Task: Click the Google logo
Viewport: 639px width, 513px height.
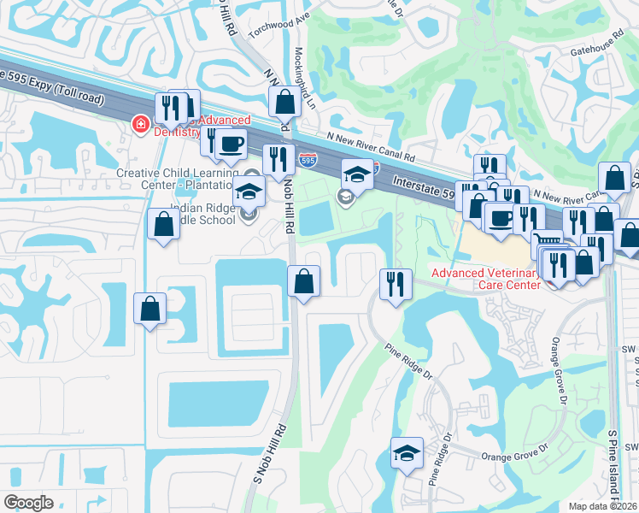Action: tap(28, 503)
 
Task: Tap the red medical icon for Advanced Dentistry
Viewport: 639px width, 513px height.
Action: tap(138, 127)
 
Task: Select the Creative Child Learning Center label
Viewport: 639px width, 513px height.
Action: tap(175, 179)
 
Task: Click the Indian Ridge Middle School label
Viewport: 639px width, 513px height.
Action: tap(202, 214)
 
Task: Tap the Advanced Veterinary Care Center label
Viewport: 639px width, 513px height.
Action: tap(486, 279)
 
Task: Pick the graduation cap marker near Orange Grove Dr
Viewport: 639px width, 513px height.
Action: tap(407, 451)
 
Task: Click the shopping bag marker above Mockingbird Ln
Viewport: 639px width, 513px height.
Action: tap(284, 103)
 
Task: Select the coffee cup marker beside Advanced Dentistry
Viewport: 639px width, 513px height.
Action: tap(230, 144)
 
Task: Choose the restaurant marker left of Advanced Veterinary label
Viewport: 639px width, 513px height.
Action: tap(396, 283)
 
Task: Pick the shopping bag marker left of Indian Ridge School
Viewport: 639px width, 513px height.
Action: tap(162, 225)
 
